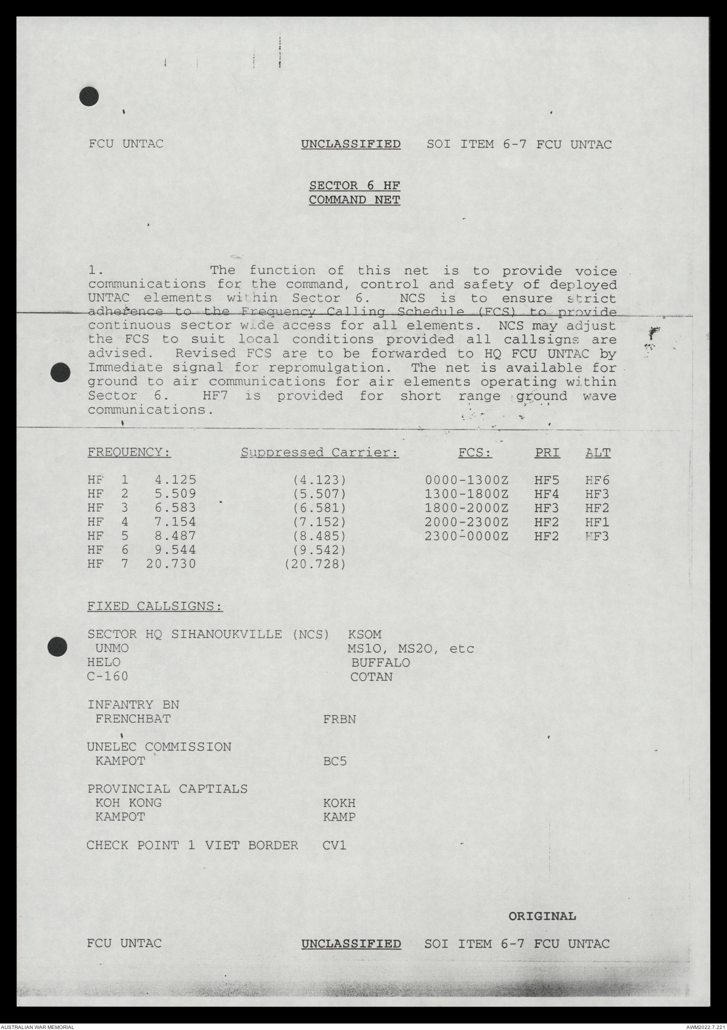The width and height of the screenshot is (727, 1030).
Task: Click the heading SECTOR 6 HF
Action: (354, 185)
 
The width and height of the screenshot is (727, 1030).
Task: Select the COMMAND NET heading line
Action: (354, 200)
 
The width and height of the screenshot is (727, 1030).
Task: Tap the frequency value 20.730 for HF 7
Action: (171, 564)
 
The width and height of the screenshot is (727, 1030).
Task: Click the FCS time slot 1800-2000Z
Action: (466, 508)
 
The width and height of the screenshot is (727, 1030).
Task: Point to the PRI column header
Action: (547, 453)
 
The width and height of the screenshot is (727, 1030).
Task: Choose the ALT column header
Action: (598, 453)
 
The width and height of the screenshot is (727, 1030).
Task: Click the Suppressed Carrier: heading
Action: (320, 453)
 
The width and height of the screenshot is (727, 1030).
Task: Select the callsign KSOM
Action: (364, 634)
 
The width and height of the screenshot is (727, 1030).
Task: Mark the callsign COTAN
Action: (371, 677)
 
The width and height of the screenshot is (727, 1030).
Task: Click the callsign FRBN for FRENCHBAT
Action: (339, 719)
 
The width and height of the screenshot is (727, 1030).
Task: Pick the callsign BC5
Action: (335, 762)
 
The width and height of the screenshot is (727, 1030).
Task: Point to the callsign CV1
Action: (334, 846)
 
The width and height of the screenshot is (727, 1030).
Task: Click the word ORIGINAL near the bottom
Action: (542, 916)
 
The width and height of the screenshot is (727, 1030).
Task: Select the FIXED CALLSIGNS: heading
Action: (155, 606)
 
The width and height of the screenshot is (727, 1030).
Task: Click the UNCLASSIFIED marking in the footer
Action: (351, 944)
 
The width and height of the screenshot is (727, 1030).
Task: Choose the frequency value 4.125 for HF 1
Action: (175, 480)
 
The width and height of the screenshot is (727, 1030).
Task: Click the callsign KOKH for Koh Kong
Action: (339, 803)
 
